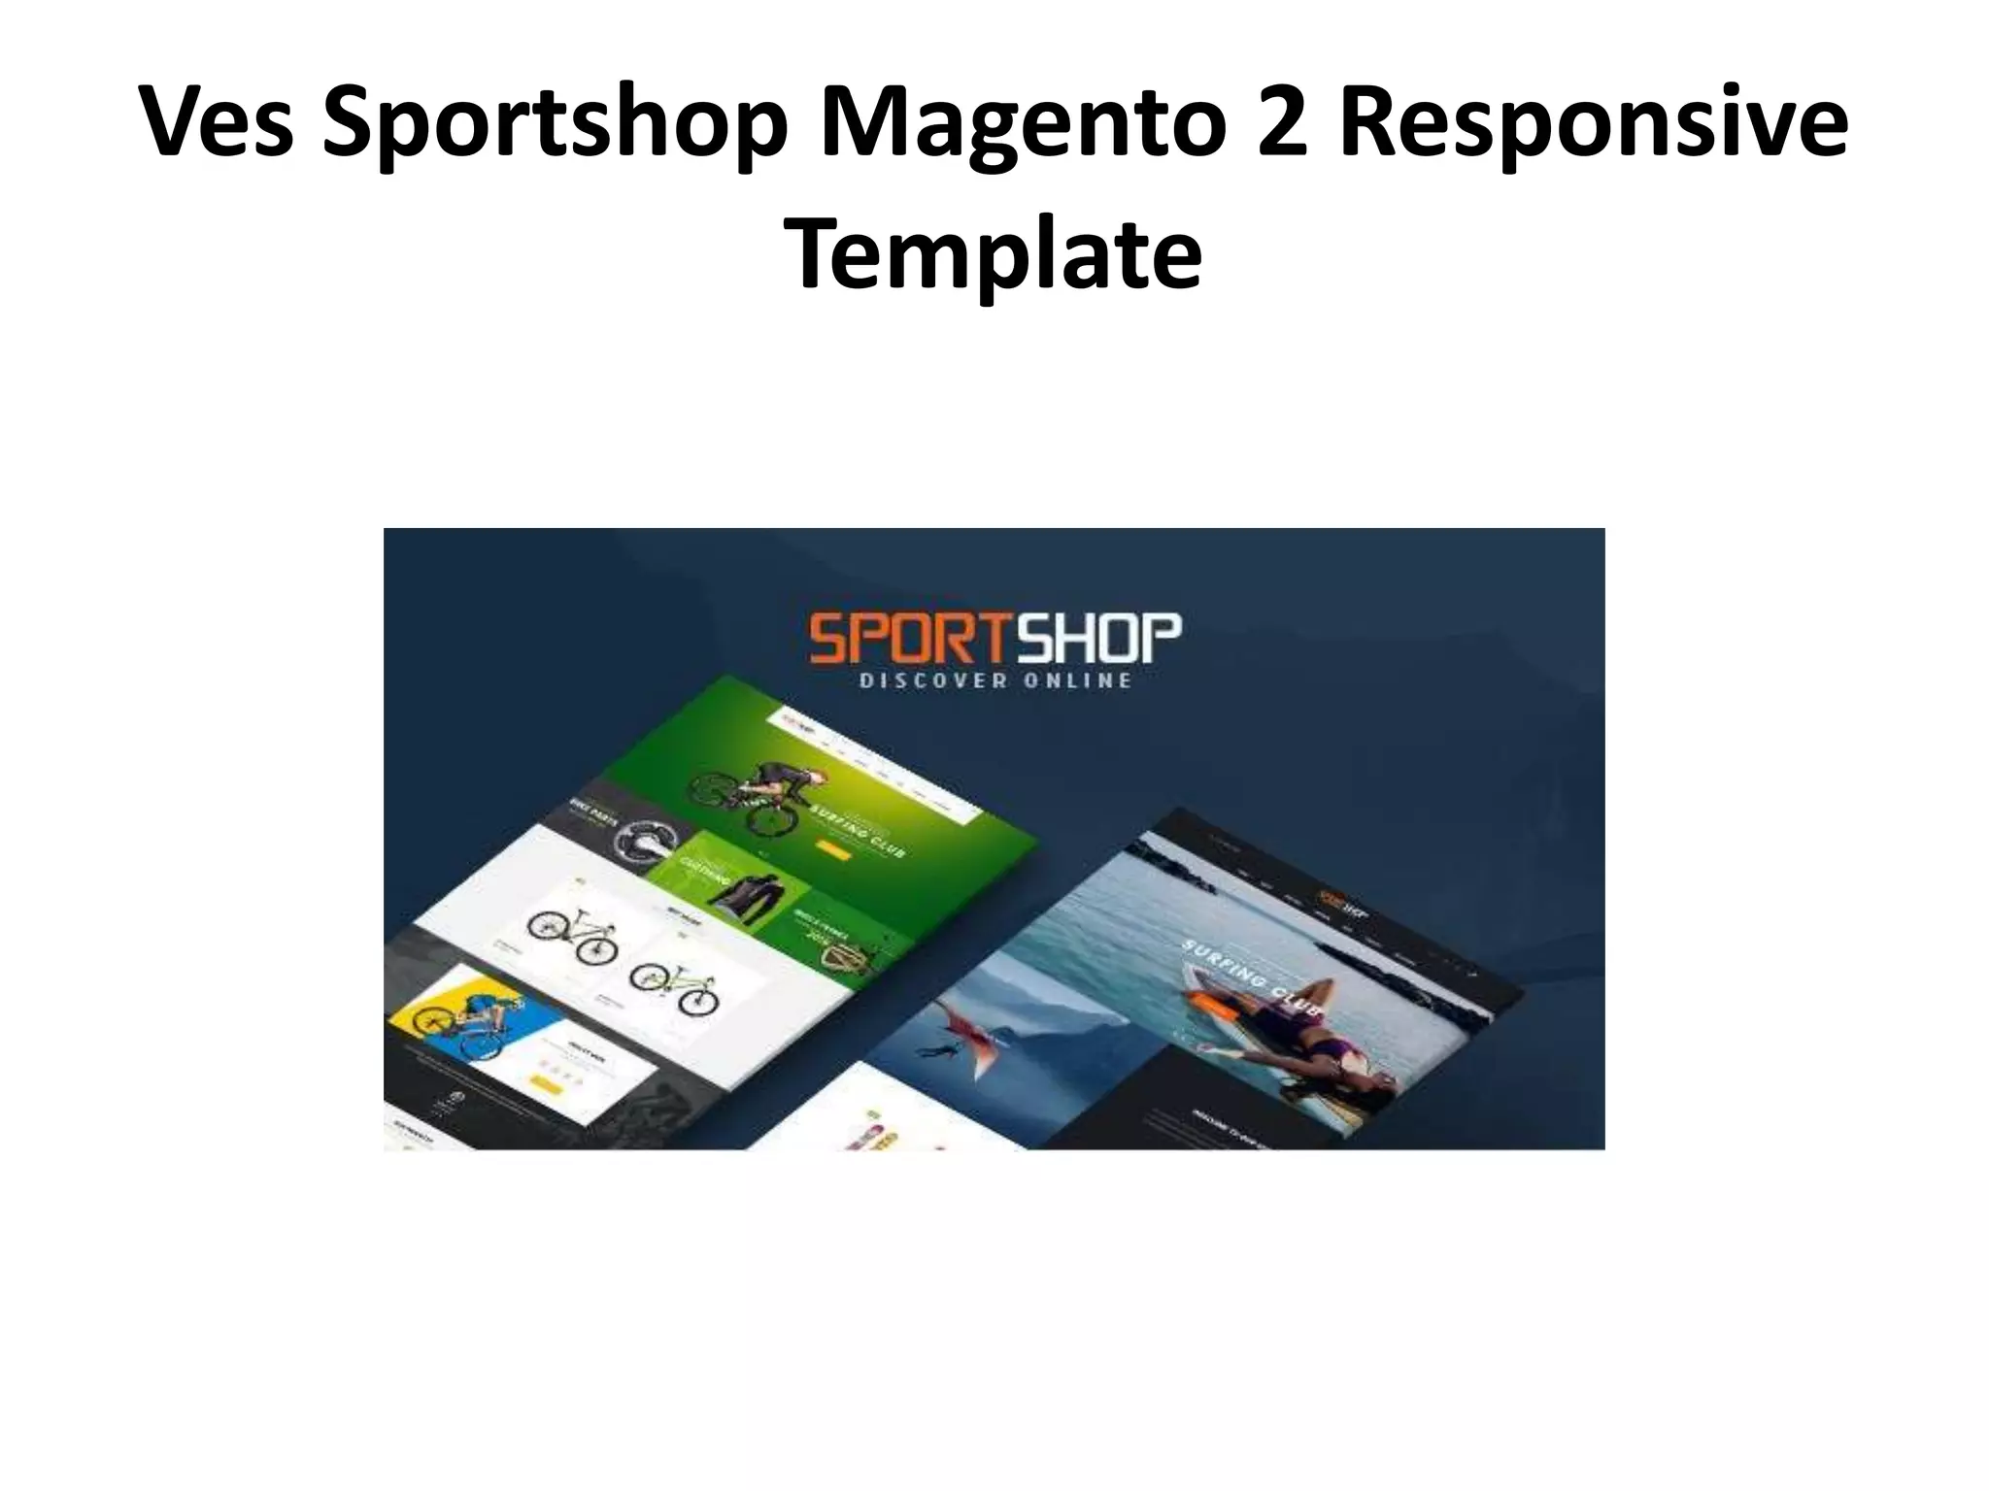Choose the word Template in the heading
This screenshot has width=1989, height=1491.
[x=994, y=254]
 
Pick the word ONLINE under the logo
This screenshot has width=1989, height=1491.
[x=1077, y=680]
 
